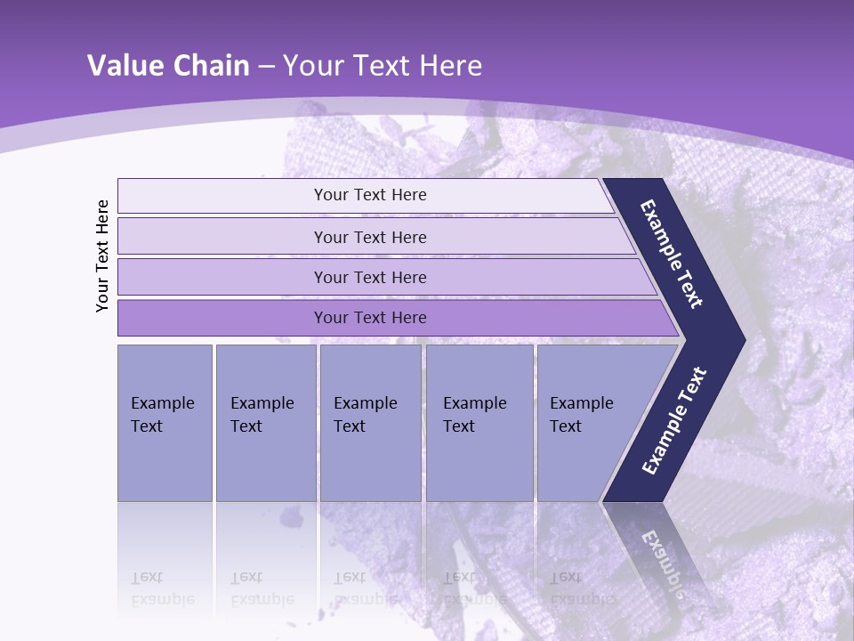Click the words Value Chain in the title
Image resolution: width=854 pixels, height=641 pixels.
(168, 66)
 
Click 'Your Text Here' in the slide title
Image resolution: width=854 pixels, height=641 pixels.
(383, 66)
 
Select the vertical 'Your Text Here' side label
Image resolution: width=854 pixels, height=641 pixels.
(102, 256)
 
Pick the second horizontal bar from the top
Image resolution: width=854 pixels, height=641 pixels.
(369, 237)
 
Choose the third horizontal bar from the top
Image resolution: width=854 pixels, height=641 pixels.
(369, 277)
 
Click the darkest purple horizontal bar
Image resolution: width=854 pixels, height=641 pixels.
(369, 318)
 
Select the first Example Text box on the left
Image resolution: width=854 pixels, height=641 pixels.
(165, 423)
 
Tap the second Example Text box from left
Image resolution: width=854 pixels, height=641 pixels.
(265, 423)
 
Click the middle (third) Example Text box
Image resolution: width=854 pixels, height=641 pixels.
(370, 423)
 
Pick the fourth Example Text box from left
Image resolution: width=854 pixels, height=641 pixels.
(479, 423)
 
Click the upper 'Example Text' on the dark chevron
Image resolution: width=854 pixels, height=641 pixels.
(672, 254)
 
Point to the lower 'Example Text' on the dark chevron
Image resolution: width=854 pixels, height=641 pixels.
(673, 421)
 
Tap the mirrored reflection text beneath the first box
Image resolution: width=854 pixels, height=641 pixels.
(162, 588)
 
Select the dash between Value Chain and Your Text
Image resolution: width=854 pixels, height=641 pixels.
(266, 67)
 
